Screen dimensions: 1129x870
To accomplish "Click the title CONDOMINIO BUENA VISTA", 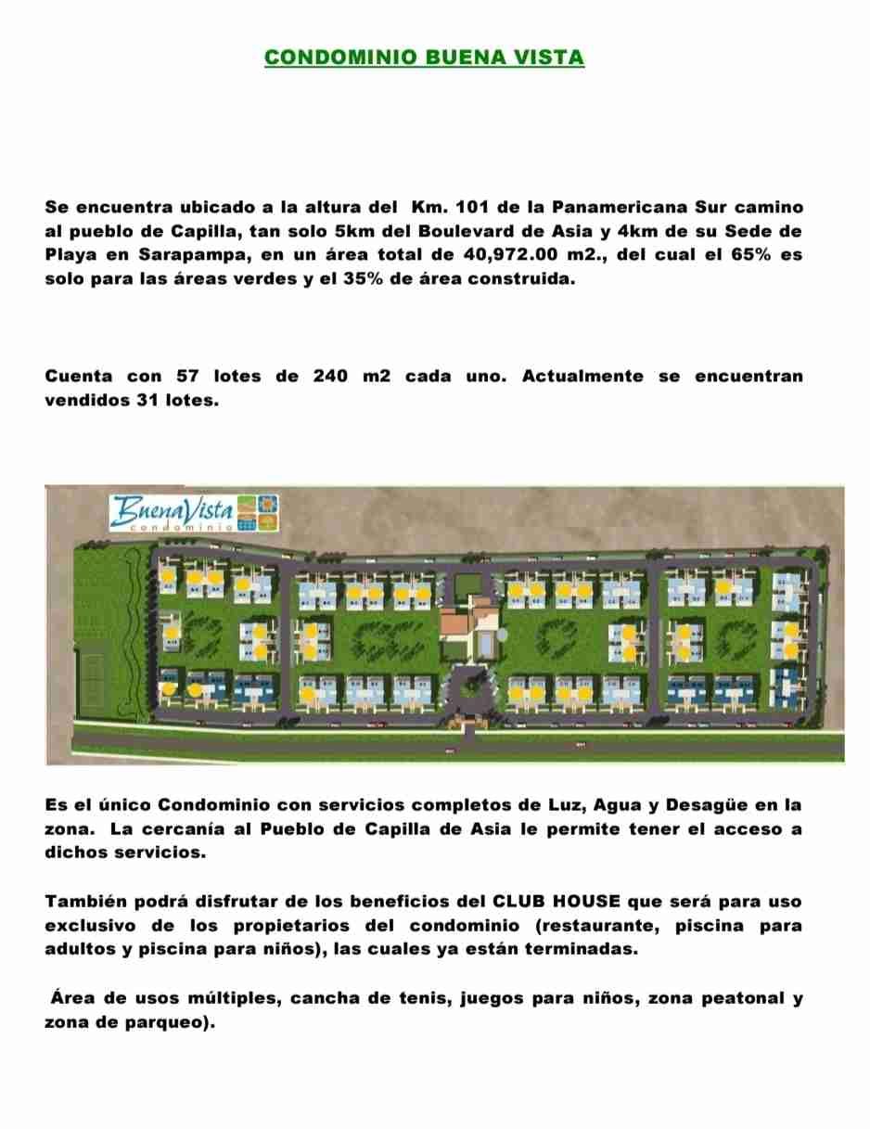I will (424, 58).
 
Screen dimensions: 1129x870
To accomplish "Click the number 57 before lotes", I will (189, 377).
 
